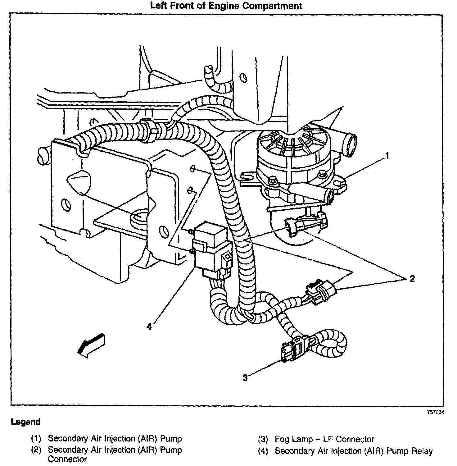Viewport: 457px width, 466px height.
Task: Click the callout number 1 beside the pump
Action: click(387, 156)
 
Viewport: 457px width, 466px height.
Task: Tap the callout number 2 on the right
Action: click(412, 279)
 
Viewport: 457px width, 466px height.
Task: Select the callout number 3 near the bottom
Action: click(245, 377)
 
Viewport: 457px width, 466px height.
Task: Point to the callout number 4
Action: click(149, 327)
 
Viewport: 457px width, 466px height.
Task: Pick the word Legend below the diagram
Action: click(26, 422)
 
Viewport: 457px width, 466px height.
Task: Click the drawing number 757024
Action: click(435, 412)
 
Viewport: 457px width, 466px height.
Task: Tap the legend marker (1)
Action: click(36, 439)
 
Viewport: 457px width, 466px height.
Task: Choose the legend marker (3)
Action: click(263, 440)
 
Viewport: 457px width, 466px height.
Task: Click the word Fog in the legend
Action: click(282, 439)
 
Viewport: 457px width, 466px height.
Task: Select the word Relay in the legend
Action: click(421, 451)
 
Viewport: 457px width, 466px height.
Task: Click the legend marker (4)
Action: click(263, 451)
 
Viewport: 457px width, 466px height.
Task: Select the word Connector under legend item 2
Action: click(67, 459)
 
